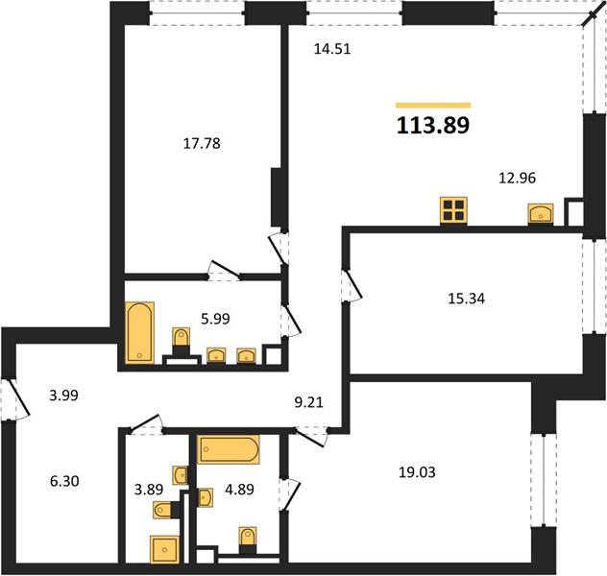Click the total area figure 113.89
point(433,126)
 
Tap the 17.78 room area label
point(202,143)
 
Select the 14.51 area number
point(332,49)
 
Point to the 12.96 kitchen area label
point(517,178)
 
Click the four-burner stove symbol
point(453,210)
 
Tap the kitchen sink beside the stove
point(541,214)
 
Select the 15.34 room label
point(467,299)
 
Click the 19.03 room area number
point(417,472)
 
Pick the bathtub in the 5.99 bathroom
point(139,333)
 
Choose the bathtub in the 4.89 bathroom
point(229,449)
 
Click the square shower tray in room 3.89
point(164,549)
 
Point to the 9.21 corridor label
point(308,402)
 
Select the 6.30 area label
point(64,481)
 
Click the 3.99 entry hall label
point(64,396)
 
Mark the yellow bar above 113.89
point(433,105)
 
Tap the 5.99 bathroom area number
point(215,319)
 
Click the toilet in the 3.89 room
point(162,510)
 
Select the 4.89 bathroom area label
point(239,490)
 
